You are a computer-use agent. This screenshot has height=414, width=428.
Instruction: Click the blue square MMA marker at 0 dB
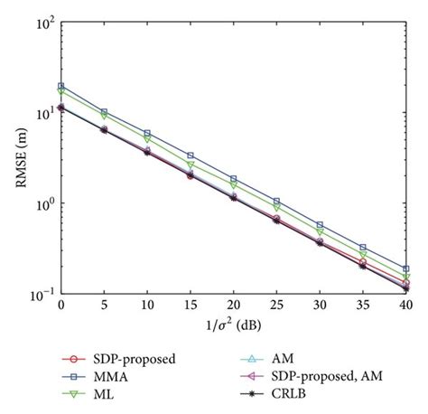coord(60,87)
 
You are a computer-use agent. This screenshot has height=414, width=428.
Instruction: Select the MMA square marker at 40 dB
coord(405,268)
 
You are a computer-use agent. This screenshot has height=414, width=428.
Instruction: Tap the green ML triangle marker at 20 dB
coord(233,184)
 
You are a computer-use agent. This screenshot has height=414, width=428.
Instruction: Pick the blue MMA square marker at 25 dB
coord(276,201)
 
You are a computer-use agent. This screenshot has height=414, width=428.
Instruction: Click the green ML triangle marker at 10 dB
coord(147,138)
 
